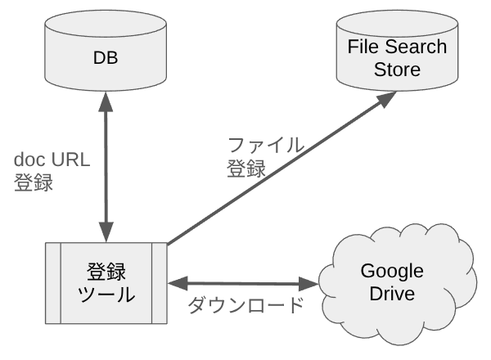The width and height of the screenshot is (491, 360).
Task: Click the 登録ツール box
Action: (106, 282)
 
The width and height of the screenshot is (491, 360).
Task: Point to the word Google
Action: (392, 272)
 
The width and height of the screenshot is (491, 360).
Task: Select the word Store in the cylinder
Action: (397, 70)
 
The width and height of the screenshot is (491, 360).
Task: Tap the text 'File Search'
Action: (397, 47)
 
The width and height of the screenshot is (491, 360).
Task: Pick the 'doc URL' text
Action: (50, 160)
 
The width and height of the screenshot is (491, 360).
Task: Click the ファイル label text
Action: (266, 146)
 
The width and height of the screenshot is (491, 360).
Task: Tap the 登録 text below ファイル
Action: (245, 169)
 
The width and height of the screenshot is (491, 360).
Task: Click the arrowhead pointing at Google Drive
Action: (310, 284)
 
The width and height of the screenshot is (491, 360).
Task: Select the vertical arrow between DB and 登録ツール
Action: (106, 164)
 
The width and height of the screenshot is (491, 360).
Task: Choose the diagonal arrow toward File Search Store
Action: (278, 172)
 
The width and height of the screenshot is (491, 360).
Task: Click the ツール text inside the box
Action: (106, 295)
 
